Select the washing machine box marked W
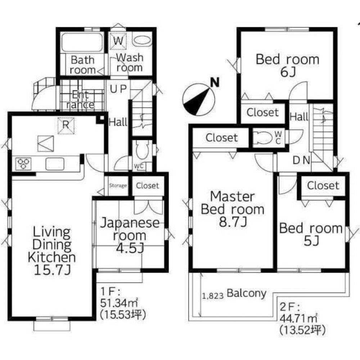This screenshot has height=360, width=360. coord(118,41)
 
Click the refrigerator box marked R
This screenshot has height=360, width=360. coord(66,126)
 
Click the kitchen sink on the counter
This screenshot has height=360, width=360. coord(55,164)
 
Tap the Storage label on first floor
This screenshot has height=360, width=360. coord(118,186)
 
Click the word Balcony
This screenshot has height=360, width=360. coord(247,293)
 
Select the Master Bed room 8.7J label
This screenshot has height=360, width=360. coord(232,209)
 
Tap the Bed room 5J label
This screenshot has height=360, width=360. coord(311,234)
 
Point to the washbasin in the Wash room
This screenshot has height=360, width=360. coord(143,40)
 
